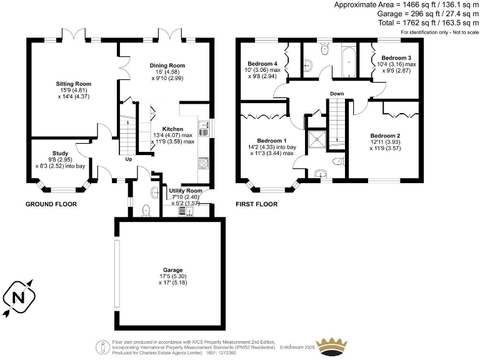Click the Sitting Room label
74,83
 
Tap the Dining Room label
167,65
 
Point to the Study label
60,153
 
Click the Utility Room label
186,190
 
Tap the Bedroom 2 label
385,136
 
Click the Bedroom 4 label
262,64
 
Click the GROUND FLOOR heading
51,204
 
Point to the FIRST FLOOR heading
256,204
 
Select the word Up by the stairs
129,159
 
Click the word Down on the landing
337,95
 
